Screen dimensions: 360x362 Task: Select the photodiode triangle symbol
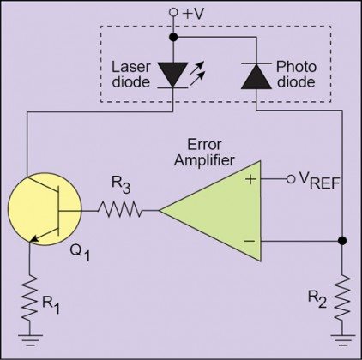click(x=256, y=76)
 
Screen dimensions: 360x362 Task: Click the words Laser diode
click(x=131, y=75)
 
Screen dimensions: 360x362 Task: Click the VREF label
click(x=317, y=182)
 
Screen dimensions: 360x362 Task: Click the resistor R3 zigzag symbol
click(x=119, y=209)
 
